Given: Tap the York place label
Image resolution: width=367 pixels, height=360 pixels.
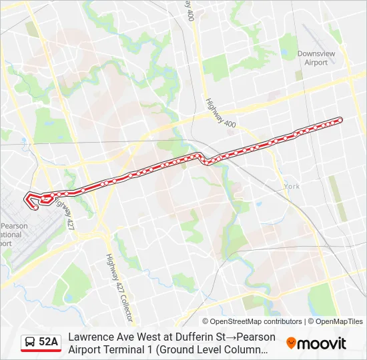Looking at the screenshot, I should [292, 186].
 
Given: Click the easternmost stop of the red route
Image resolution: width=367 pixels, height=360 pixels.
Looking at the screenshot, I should [340, 120].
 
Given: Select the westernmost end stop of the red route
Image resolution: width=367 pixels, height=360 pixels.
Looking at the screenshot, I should [35, 207].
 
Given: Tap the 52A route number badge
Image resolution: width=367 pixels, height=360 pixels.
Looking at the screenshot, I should [49, 343].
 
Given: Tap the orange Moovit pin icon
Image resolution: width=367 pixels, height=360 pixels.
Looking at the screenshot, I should [291, 343].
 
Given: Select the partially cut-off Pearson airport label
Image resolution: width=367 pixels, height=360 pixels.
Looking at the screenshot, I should [13, 235].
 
